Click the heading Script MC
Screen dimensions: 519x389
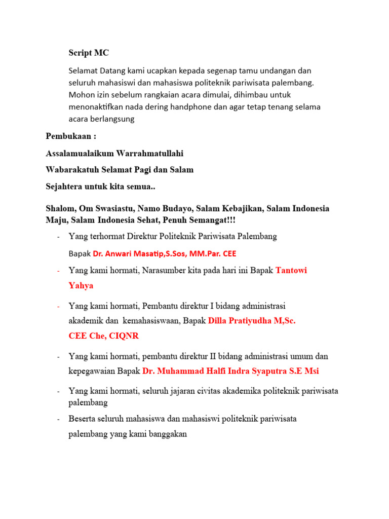coord(89,53)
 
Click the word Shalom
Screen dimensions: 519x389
coord(59,208)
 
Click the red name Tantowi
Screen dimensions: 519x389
coord(291,270)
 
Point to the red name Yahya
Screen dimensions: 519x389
coord(81,285)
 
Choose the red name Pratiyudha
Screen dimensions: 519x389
coord(251,321)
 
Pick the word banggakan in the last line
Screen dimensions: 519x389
coord(168,434)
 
